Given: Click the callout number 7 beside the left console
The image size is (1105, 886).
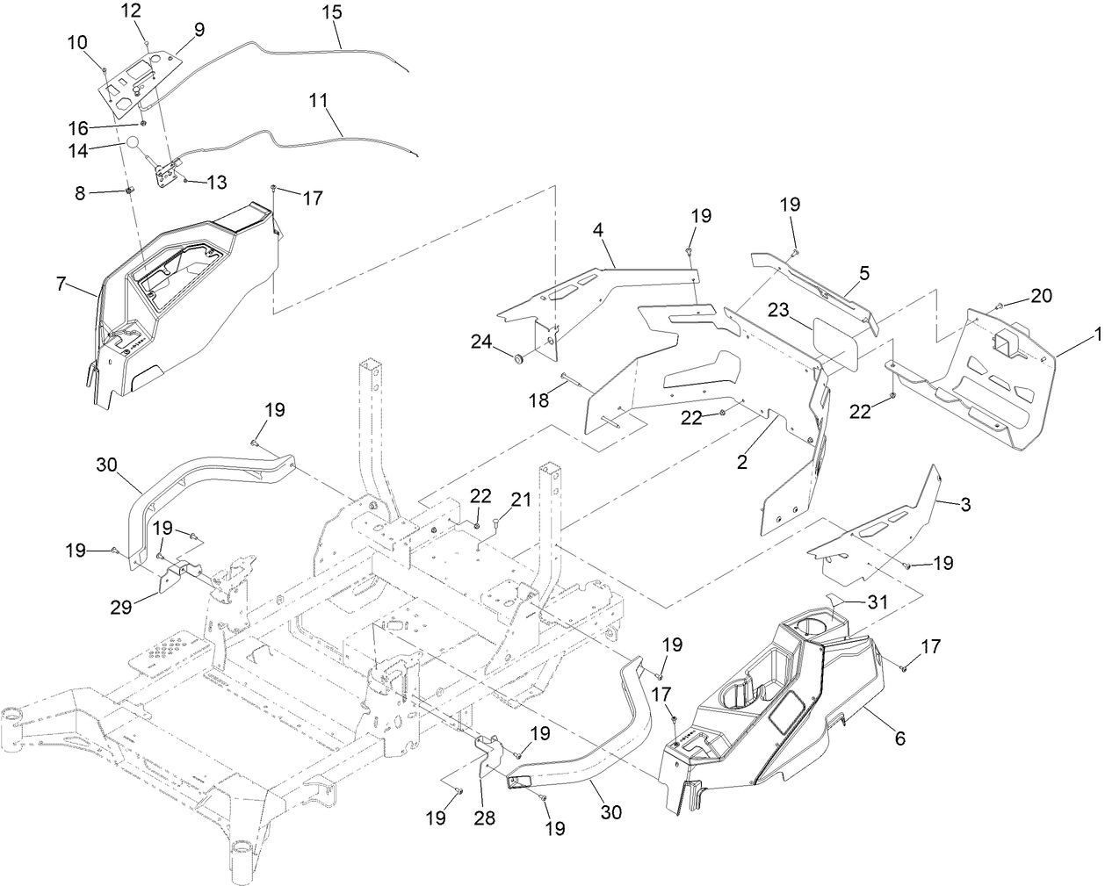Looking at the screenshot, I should click(61, 285).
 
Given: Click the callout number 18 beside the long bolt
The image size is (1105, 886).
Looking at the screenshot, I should click(538, 400).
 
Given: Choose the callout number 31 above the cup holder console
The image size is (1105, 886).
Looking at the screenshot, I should click(877, 602).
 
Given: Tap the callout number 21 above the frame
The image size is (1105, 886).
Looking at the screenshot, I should click(521, 500).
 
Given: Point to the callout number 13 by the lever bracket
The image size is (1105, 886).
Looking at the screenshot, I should click(216, 182).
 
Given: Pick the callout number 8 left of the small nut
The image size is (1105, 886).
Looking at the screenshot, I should click(80, 193).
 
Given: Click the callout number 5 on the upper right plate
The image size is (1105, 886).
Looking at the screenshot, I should click(863, 273).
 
